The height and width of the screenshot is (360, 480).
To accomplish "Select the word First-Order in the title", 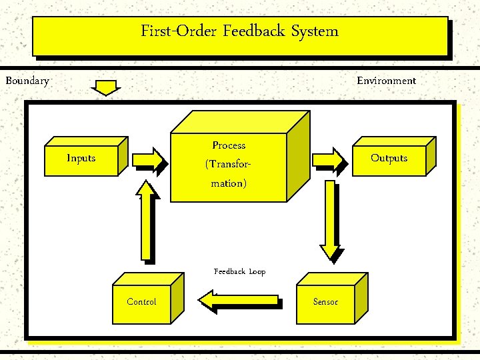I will [x=179, y=31].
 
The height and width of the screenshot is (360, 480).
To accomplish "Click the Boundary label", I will [x=27, y=81].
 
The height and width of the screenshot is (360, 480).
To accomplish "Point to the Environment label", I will [x=386, y=81].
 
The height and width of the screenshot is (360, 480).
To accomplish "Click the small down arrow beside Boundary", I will [x=106, y=88].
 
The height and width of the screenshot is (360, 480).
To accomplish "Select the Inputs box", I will [x=81, y=159].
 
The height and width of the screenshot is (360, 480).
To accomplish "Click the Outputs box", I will [x=389, y=159].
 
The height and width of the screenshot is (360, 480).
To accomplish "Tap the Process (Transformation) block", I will [x=229, y=164].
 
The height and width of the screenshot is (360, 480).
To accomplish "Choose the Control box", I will [x=141, y=302].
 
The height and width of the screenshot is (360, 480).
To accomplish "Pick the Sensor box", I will [x=325, y=302].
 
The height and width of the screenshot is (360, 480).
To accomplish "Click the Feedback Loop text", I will [x=239, y=271].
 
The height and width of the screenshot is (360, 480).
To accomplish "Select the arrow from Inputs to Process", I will [x=149, y=159].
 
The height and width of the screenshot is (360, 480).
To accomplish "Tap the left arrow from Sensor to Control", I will [x=238, y=301].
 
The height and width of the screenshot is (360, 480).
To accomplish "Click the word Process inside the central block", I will [x=229, y=145].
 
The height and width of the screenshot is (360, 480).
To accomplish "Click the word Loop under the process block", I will [x=257, y=271].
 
